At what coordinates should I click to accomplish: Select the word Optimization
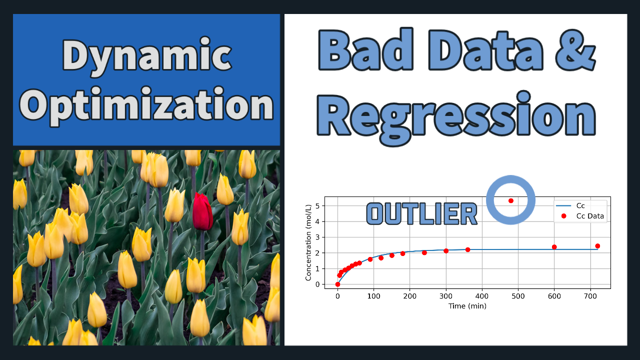click(x=146, y=105)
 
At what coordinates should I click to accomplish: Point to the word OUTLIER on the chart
click(x=421, y=213)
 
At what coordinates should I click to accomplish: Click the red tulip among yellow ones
click(x=202, y=211)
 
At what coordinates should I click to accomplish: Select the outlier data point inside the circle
click(x=511, y=201)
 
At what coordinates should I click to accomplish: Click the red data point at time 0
click(x=337, y=284)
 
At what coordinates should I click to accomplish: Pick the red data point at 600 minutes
click(x=554, y=247)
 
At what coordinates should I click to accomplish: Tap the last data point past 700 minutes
click(x=597, y=246)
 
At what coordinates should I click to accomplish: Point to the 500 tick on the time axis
click(x=518, y=296)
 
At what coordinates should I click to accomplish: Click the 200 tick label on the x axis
click(x=409, y=296)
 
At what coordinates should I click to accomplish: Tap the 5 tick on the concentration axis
click(x=317, y=206)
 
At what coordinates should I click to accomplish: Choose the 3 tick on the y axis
click(x=317, y=237)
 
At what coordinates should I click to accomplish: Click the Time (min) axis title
click(x=467, y=306)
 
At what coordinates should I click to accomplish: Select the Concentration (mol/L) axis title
click(x=308, y=242)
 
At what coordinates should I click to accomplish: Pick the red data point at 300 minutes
click(x=446, y=251)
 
